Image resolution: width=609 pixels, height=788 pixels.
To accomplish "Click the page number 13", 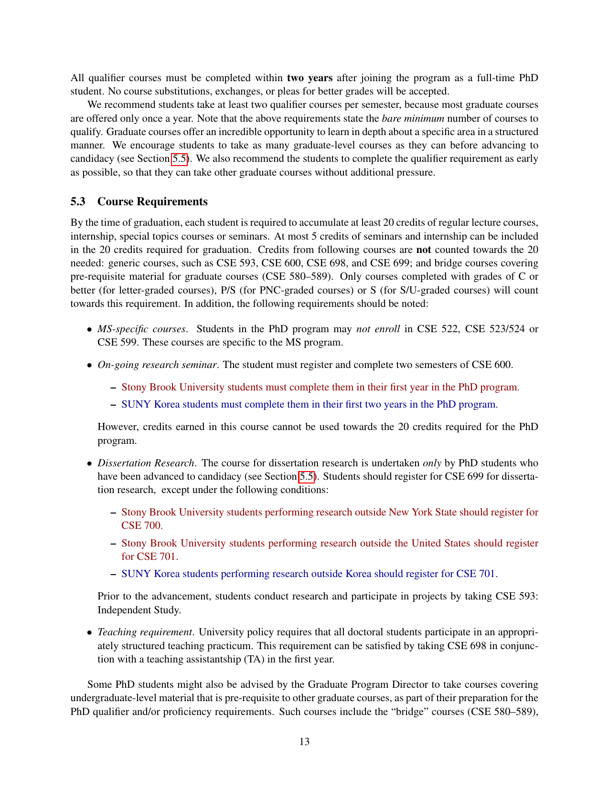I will (304, 741).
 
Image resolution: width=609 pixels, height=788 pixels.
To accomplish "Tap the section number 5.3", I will (78, 201).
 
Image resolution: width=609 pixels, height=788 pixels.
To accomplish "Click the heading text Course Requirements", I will (152, 201).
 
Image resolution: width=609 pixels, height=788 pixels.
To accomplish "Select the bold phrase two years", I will (310, 78).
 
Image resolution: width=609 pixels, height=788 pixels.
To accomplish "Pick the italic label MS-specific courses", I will (141, 329).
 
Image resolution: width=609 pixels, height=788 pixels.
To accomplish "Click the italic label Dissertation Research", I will (146, 463).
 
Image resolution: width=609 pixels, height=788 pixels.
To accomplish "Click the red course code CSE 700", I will (141, 525).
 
